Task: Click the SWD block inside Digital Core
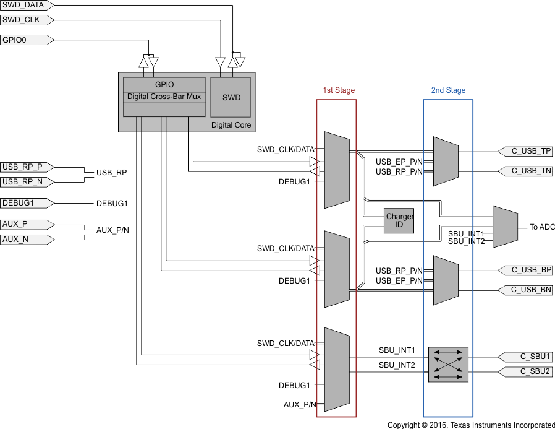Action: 231,97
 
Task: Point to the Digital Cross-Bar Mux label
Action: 164,97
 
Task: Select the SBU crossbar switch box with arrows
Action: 449,363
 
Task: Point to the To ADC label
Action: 542,227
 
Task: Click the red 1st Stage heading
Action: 339,90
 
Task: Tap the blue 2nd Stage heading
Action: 448,90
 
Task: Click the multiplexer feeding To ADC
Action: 504,227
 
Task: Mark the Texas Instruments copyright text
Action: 470,425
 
